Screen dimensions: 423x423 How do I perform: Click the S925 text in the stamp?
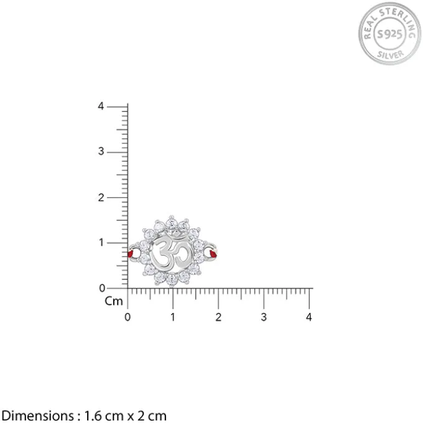(x=389, y=34)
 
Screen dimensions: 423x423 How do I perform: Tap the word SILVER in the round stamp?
(x=391, y=55)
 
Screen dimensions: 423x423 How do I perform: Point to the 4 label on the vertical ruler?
(x=101, y=106)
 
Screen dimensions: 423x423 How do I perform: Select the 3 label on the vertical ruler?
(x=101, y=151)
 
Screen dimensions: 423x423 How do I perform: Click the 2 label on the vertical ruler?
(x=101, y=198)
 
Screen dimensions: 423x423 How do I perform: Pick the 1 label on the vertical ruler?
(x=101, y=243)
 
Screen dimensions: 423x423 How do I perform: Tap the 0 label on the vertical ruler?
(x=102, y=289)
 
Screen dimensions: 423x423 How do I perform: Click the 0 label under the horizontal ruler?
(x=128, y=317)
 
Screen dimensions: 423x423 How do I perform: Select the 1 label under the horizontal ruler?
(x=173, y=317)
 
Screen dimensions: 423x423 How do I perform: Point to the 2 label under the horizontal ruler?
(x=218, y=317)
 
